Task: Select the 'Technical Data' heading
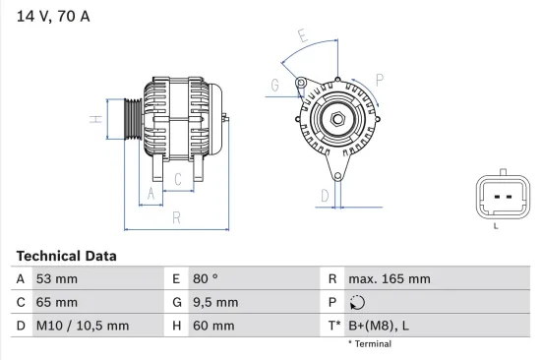coord(66,256)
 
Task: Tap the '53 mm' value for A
coord(56,279)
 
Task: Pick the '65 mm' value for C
coord(56,302)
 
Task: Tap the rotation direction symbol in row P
coord(357,303)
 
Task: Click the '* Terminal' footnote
coord(370,344)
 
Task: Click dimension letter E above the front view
coord(303,37)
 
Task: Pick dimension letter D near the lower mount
coord(324,195)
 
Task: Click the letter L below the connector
coord(495,226)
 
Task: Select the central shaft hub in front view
coord(336,120)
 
